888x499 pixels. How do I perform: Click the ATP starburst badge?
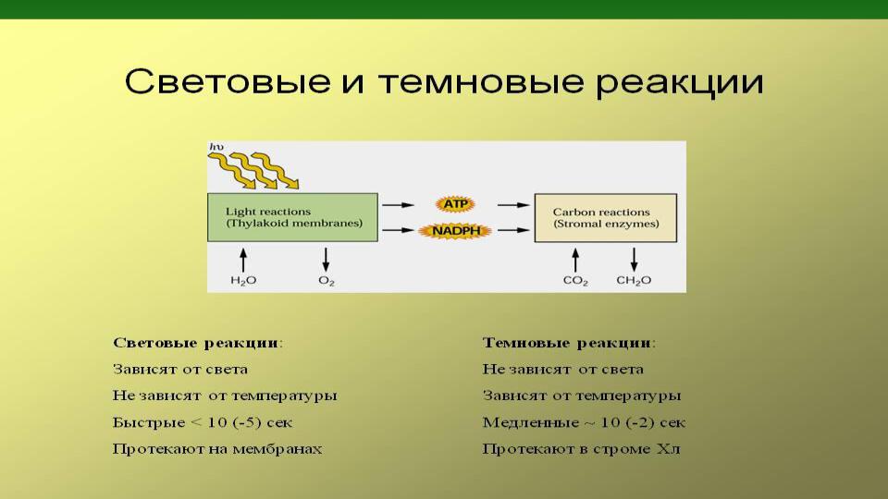pos(455,204)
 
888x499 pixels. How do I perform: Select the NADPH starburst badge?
pos(455,231)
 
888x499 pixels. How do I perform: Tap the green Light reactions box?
pos(292,217)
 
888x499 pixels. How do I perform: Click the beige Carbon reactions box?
pos(605,218)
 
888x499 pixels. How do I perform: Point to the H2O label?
pos(243,281)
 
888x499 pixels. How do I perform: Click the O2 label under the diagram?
pos(327,281)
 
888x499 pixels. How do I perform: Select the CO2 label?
pos(574,281)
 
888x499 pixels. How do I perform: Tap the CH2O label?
pos(634,281)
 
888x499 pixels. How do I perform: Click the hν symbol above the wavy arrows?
pos(216,147)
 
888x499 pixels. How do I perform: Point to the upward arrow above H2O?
pos(243,260)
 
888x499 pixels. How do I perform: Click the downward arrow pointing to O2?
pos(326,260)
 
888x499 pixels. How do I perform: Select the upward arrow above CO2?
pos(575,260)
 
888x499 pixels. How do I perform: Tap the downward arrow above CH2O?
pos(634,260)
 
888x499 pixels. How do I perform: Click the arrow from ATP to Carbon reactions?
pos(513,205)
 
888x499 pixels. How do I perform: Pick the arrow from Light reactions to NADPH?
pos(398,230)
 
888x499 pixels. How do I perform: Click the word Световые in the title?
pos(228,81)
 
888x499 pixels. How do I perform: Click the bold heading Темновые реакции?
pos(569,343)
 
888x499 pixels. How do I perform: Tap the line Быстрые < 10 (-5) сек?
pos(203,422)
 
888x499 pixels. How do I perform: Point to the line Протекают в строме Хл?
pos(581,449)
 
